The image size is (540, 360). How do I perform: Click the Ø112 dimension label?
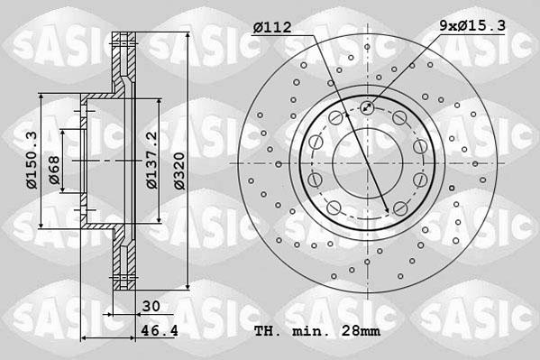[x=271, y=28]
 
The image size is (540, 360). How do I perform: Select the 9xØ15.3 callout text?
[x=471, y=28]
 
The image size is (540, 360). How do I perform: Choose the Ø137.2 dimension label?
[x=151, y=161]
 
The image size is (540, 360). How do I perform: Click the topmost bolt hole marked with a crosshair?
[x=368, y=108]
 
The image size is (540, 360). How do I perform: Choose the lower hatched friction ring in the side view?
[x=121, y=266]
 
